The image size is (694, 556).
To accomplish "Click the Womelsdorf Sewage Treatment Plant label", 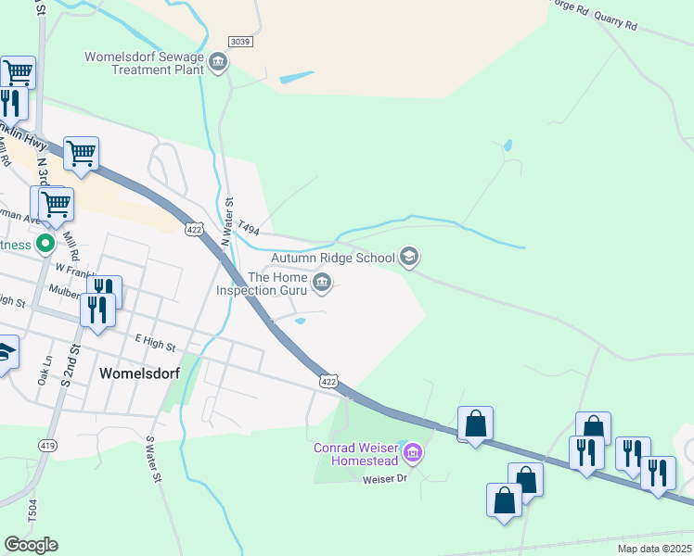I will pyautogui.click(x=144, y=63).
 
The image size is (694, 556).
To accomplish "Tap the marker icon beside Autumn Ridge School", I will pyautogui.click(x=409, y=258).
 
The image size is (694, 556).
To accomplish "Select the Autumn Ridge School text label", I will pyautogui.click(x=334, y=259).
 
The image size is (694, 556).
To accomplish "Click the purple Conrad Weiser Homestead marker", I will pyautogui.click(x=414, y=454).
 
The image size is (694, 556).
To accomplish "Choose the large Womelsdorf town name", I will pyautogui.click(x=139, y=373).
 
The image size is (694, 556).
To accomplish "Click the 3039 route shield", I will pyautogui.click(x=239, y=42).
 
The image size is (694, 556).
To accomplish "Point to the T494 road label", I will pyautogui.click(x=248, y=226).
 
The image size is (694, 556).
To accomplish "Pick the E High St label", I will pyautogui.click(x=154, y=344).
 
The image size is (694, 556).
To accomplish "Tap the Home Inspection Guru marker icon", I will pyautogui.click(x=322, y=284).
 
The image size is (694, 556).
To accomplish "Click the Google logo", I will pyautogui.click(x=31, y=545).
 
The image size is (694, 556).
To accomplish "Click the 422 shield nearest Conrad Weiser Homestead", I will pyautogui.click(x=328, y=381).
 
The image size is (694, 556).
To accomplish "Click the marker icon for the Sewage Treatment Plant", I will pyautogui.click(x=218, y=63).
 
